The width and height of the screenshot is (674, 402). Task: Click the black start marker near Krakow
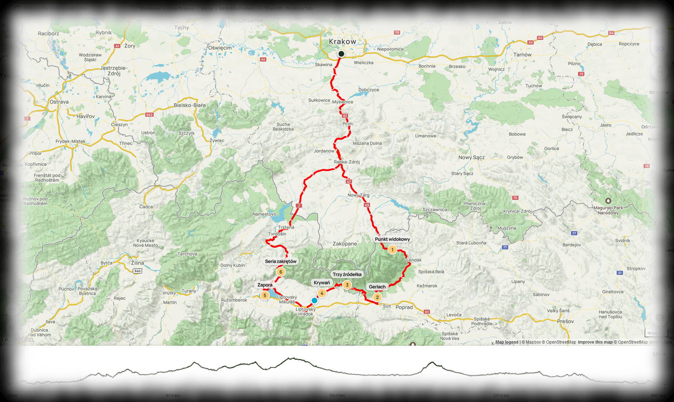tap(341, 54)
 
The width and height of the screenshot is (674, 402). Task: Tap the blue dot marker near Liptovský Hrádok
tap(314, 300)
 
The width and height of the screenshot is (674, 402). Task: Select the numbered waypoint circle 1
tap(392, 249)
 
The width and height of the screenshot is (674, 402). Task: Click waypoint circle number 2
tap(377, 297)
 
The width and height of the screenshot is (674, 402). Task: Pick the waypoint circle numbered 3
tap(347, 285)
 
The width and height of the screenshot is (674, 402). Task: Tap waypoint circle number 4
tap(322, 293)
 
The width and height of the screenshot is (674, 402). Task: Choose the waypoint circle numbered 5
tap(265, 295)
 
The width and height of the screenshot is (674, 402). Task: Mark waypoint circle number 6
tap(281, 272)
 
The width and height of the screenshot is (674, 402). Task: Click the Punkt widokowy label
tap(392, 239)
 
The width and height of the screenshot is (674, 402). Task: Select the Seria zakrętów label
tap(281, 262)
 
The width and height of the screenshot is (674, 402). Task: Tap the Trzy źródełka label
tap(347, 275)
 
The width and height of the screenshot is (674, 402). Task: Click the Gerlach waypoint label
tap(377, 287)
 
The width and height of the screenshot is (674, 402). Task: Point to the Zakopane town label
tap(345, 244)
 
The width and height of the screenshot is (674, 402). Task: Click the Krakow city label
tap(342, 42)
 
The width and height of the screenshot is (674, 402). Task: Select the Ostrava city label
tap(59, 102)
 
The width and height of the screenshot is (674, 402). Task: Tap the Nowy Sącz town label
tap(471, 157)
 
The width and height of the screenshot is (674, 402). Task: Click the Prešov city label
tap(565, 321)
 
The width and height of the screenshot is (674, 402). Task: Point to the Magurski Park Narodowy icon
tap(608, 201)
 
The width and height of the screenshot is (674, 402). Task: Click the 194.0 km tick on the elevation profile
tap(336, 395)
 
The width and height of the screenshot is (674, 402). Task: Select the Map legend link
tap(506, 342)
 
